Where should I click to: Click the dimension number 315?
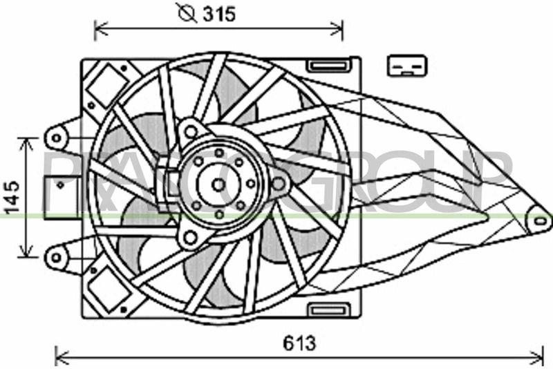pyautogui.click(x=221, y=14)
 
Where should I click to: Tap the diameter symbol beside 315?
pyautogui.click(x=187, y=14)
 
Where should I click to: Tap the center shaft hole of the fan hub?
pyautogui.click(x=218, y=184)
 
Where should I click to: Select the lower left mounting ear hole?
pyautogui.click(x=55, y=258)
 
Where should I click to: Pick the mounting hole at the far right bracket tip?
pyautogui.click(x=540, y=220)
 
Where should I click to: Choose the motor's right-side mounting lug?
pyautogui.click(x=279, y=184)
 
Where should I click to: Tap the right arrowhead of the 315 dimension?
pyautogui.click(x=339, y=28)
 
